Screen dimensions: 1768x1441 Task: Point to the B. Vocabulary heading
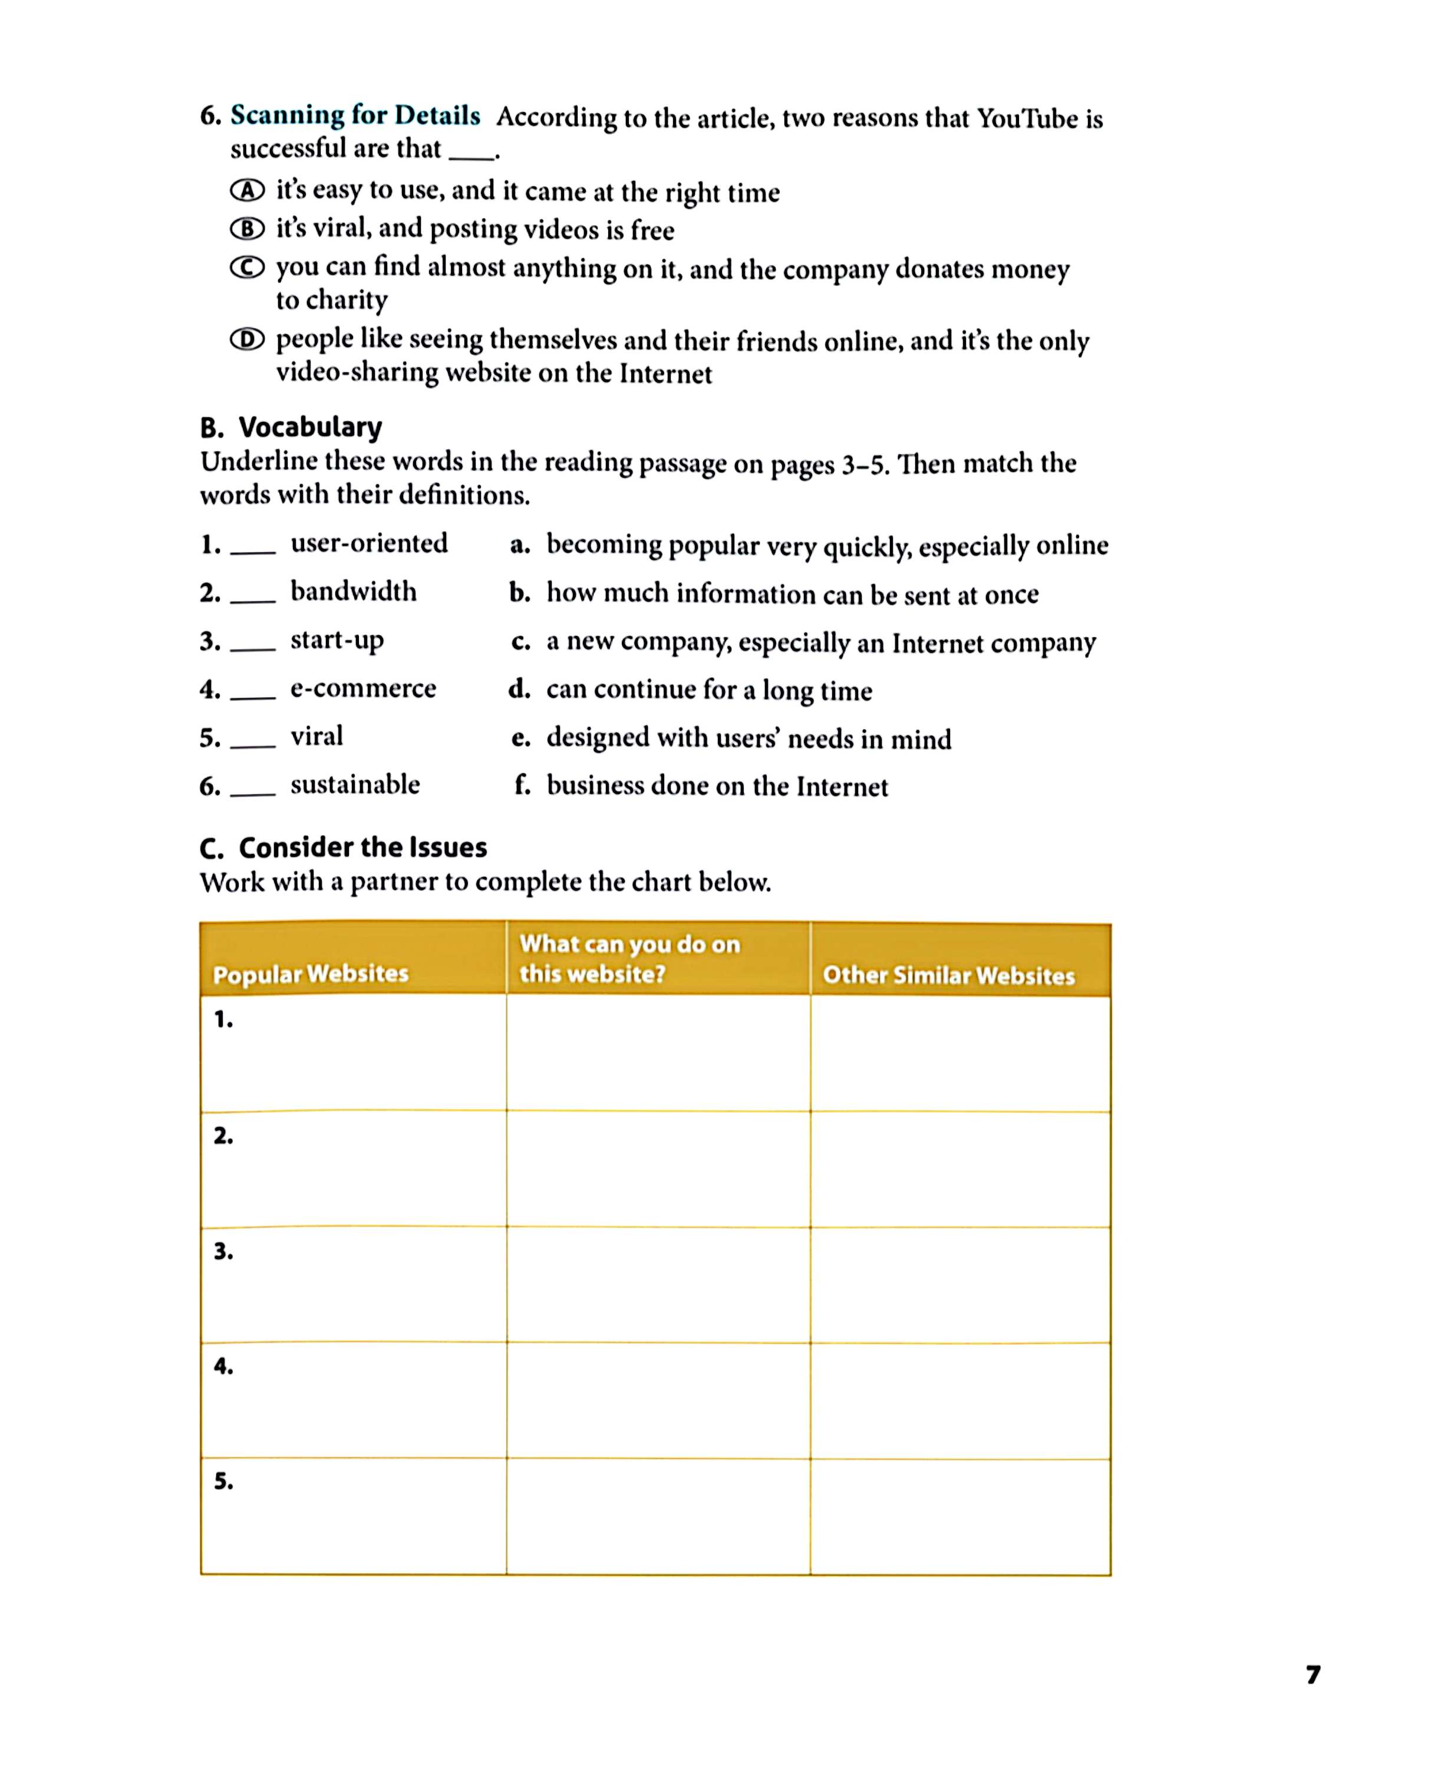[x=291, y=427]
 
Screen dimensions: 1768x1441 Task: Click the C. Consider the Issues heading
[x=343, y=847]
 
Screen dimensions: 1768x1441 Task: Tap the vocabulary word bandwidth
[x=353, y=591]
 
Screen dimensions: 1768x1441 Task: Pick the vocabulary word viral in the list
[x=316, y=736]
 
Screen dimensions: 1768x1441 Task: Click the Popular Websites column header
[x=311, y=973]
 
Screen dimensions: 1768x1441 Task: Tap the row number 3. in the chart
[x=223, y=1251]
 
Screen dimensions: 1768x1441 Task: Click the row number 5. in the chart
[x=223, y=1481]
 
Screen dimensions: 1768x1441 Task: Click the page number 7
[x=1313, y=1675]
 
